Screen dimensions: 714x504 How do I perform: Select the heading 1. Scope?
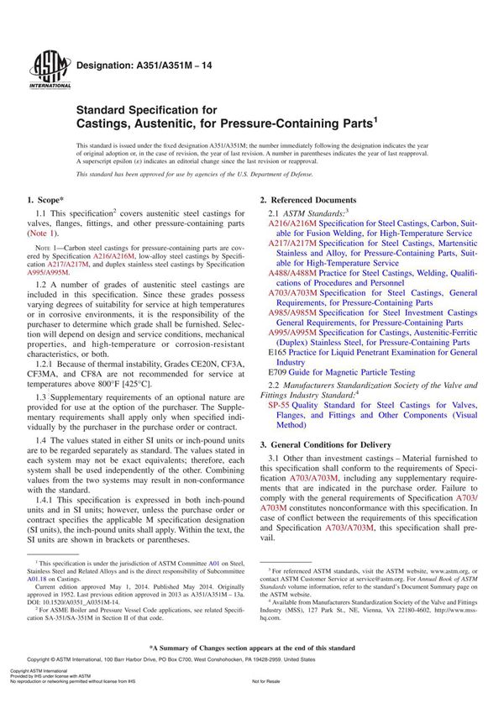click(47, 200)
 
